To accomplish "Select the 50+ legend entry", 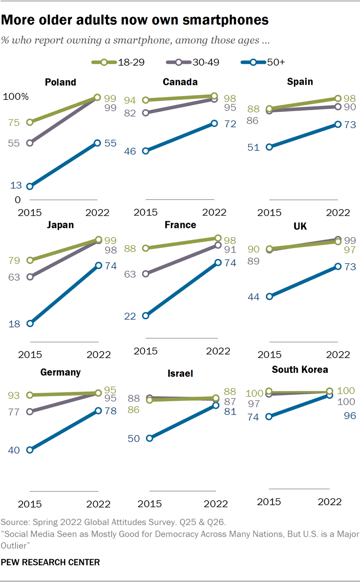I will [262, 62].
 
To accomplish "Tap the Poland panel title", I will [60, 82].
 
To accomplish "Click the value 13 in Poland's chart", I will [15, 186].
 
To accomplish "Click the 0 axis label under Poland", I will [18, 200].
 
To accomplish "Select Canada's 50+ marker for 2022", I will [214, 123].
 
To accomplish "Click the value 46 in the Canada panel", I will [130, 151].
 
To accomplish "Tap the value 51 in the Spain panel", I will [254, 147].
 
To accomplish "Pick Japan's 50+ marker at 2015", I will [30, 324].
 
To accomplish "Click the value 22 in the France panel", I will [130, 316].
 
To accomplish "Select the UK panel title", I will [300, 226].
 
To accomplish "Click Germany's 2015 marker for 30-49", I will [30, 412].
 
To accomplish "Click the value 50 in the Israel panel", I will [134, 438].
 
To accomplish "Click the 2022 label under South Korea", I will [330, 501].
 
